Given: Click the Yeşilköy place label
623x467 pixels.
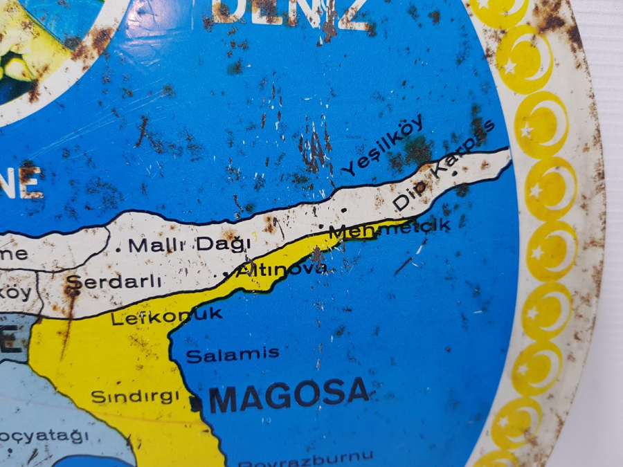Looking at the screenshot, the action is click(385, 146).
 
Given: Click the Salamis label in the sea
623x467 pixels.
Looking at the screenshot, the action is click(233, 354).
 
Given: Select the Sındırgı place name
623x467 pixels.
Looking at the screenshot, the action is click(136, 397).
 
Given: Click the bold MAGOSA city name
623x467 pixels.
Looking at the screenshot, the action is click(289, 395).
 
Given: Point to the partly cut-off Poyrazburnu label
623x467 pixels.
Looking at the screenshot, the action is click(305, 457).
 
